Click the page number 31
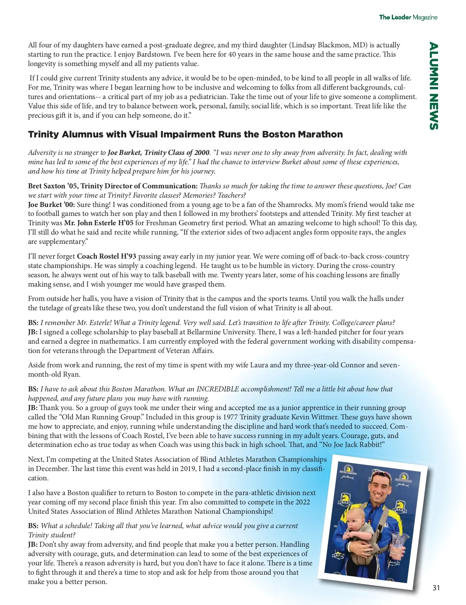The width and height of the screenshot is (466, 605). [436, 588]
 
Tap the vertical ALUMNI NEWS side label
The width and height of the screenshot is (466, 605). [433, 86]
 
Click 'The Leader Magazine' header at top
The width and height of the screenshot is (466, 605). [408, 17]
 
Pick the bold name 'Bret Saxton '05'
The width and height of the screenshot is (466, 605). [52, 186]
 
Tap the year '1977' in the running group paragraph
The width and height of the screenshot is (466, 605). [230, 417]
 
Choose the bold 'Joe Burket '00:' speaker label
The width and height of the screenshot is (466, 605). [52, 205]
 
